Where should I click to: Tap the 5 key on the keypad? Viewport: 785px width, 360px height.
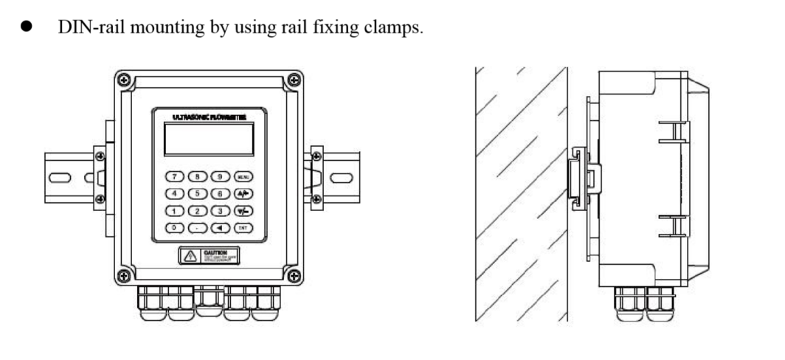tap(198, 193)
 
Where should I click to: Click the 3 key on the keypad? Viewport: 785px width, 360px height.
tap(221, 211)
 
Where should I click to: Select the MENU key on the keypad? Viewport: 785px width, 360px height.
tap(243, 176)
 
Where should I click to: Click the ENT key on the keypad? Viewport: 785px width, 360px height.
tap(243, 228)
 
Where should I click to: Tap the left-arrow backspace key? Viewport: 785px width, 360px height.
tap(221, 228)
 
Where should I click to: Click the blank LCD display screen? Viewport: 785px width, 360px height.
tap(209, 139)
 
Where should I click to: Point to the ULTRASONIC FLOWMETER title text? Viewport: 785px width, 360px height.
tap(209, 117)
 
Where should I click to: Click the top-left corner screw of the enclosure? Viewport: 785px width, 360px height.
tap(125, 79)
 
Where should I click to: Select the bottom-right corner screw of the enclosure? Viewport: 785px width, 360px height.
tap(294, 276)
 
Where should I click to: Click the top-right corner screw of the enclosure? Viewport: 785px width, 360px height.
tap(294, 79)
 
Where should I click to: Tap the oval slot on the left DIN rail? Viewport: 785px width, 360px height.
tap(60, 177)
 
